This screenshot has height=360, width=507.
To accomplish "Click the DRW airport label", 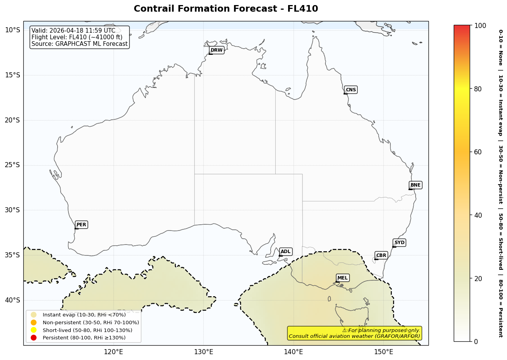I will [217, 50].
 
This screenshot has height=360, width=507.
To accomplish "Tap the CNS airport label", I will [351, 90].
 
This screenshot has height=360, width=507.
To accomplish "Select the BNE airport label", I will [415, 185].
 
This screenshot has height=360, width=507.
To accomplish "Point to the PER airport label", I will [81, 225].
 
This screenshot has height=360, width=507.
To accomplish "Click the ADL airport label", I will [285, 252].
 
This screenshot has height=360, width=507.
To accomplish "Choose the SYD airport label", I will [399, 243].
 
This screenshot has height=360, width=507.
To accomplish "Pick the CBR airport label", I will [381, 255].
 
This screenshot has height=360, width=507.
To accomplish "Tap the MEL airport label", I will [343, 278].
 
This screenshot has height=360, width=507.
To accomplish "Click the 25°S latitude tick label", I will [12, 165].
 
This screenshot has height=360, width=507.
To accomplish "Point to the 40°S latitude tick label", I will [12, 300].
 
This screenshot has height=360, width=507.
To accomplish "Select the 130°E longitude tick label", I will [203, 352].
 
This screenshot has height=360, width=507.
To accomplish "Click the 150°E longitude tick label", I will [383, 352].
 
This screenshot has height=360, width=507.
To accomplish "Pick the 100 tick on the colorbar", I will [480, 26].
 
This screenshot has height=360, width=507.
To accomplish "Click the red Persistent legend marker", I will [33, 337].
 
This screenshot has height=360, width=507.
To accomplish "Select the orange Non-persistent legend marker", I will [33, 322].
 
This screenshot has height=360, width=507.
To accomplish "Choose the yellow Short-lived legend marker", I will [33, 330].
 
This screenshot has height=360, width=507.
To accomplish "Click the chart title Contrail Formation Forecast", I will [226, 9].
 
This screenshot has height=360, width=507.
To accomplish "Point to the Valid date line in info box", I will [73, 31].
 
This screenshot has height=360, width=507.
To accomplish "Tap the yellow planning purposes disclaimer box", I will [354, 333].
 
